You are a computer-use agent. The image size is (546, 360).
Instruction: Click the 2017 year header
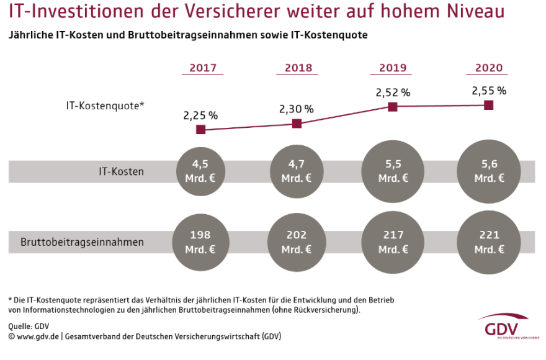[202, 68]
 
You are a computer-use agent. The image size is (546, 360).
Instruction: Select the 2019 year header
[392, 68]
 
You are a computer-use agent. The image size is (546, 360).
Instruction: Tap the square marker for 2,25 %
[200, 130]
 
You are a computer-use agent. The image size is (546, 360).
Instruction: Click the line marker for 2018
[297, 124]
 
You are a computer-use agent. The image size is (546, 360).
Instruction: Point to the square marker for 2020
[488, 105]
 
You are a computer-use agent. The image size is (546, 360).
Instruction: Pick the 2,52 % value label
[393, 92]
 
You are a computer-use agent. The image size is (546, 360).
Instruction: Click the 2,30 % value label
[296, 109]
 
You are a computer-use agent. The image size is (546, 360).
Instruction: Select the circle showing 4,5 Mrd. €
[201, 171]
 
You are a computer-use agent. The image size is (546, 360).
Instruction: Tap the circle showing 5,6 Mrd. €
[489, 171]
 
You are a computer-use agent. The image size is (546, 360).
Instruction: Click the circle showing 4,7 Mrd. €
[297, 171]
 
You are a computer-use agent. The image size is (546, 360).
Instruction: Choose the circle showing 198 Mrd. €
[201, 241]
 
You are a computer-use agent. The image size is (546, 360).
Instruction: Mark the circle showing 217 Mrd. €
[393, 241]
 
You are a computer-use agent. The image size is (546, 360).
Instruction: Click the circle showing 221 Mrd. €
[489, 241]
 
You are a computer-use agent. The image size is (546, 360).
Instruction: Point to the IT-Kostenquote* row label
[105, 106]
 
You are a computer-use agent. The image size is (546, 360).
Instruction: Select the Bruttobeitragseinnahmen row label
[82, 242]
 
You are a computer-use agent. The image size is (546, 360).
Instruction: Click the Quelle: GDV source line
[29, 326]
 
